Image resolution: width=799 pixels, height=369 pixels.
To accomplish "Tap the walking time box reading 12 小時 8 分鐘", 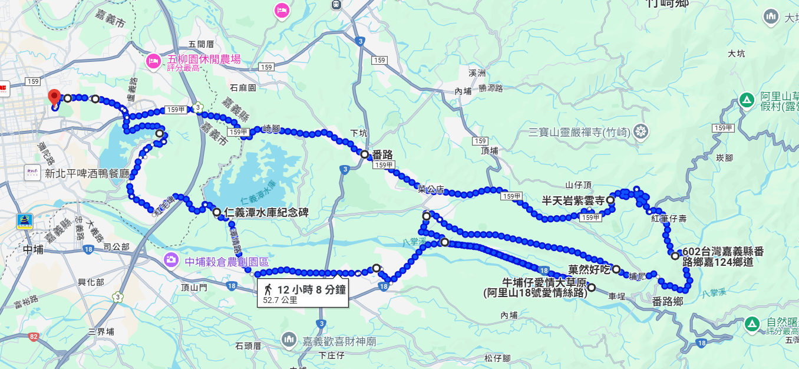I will tap(303, 293).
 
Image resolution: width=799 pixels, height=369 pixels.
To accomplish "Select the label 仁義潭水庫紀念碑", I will tap(266, 212).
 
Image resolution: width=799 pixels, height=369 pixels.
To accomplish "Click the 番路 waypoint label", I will tap(382, 154).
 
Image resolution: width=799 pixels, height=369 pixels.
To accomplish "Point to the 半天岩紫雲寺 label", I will tap(573, 200).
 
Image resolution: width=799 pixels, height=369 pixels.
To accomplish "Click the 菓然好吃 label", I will tap(589, 269).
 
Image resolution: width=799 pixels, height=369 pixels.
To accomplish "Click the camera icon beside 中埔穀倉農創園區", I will tap(171, 259).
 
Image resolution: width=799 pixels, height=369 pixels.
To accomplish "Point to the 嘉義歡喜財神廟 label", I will tap(339, 341).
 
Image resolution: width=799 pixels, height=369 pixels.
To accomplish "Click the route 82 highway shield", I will tap(33, 337).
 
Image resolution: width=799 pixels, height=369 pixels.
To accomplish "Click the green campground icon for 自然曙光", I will tap(751, 323).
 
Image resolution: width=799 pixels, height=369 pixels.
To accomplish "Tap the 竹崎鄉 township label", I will tap(667, 4).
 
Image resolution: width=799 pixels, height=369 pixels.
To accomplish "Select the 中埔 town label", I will tap(34, 249).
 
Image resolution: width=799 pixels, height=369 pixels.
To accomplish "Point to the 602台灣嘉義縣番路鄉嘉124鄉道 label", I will tap(722, 257).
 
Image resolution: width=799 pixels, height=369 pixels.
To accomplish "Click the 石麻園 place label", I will tap(243, 88).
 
